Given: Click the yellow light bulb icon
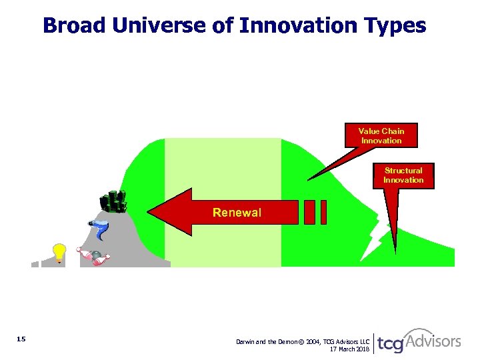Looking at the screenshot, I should [59, 253].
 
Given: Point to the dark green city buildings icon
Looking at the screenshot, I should [113, 201].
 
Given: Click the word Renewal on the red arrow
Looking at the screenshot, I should [237, 213].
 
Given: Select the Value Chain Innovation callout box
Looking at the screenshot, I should [381, 136].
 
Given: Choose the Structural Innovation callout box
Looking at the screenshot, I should [403, 175].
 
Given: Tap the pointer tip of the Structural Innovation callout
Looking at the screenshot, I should [395, 252].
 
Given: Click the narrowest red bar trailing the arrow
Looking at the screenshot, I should [323, 212].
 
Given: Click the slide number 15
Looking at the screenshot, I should [21, 340].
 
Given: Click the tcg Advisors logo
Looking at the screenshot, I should [419, 341].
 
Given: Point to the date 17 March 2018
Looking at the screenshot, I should [349, 349].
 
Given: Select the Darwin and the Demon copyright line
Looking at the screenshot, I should [303, 341].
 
